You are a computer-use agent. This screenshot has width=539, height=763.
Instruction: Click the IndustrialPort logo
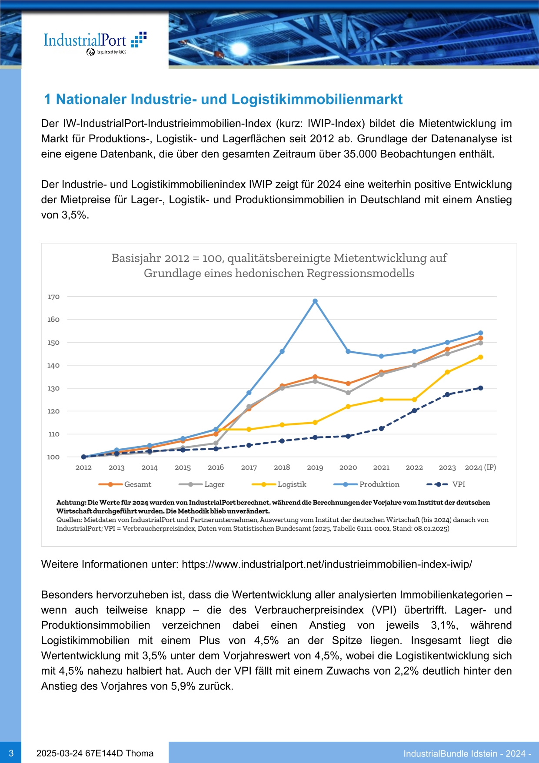click(x=95, y=44)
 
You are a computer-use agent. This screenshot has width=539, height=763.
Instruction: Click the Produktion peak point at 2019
click(x=315, y=301)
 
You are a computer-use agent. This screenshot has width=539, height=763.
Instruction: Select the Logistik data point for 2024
click(x=481, y=357)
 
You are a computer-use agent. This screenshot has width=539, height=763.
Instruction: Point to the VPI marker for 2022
click(x=414, y=410)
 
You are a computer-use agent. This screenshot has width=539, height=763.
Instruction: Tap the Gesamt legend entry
click(x=125, y=484)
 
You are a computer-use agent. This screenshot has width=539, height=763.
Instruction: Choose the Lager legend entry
click(x=202, y=484)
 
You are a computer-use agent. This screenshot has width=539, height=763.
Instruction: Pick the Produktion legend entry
click(x=366, y=484)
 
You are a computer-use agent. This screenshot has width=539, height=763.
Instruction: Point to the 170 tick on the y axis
click(x=53, y=297)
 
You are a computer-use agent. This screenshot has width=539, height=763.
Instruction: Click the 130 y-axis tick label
click(x=53, y=388)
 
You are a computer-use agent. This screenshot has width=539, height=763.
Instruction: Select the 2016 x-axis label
click(x=216, y=467)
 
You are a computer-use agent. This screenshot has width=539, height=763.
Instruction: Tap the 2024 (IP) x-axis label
click(x=480, y=467)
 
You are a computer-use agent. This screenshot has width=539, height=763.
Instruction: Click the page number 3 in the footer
click(x=11, y=753)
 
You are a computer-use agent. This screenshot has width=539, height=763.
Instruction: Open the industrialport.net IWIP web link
click(x=327, y=565)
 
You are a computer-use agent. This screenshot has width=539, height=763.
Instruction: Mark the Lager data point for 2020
click(x=348, y=393)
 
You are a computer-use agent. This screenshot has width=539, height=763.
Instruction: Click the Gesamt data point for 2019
click(x=315, y=377)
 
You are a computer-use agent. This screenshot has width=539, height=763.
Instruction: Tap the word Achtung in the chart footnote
click(x=71, y=503)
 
